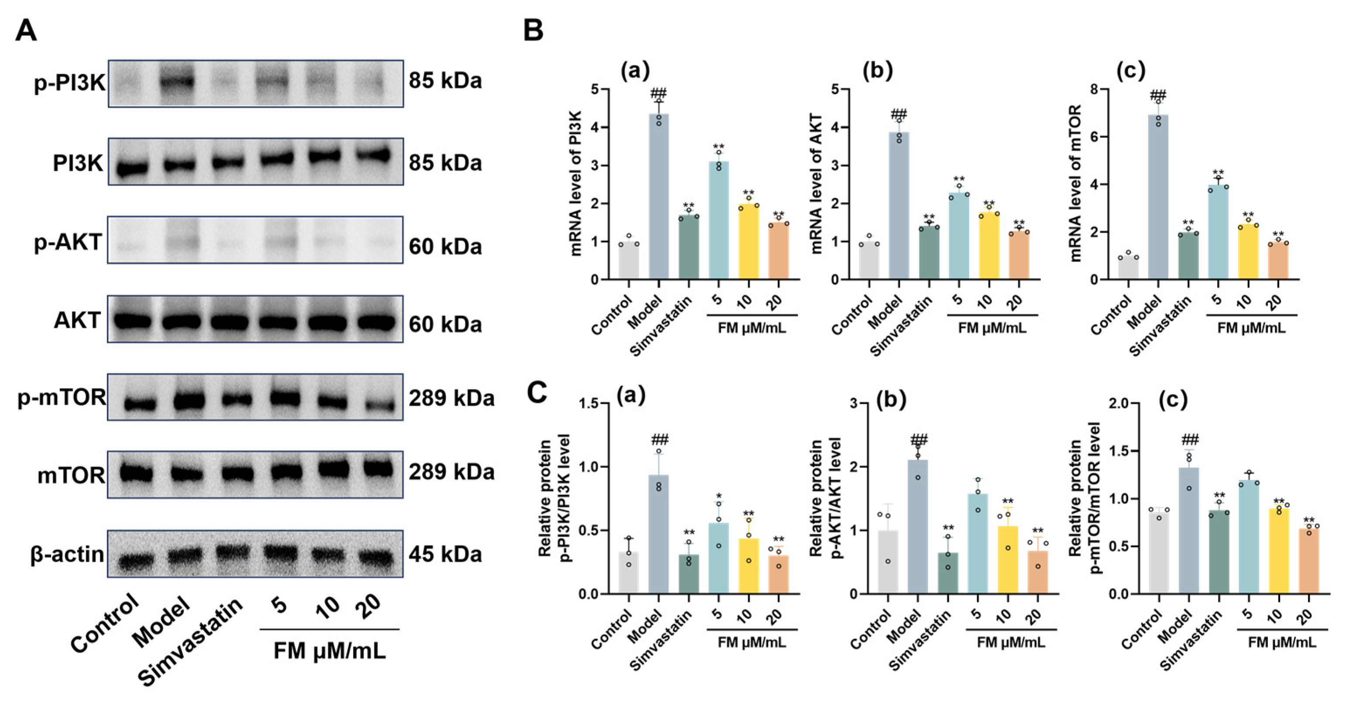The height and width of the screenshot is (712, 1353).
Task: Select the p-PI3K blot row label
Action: [x=69, y=83]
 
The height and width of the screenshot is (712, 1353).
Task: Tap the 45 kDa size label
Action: [x=445, y=554]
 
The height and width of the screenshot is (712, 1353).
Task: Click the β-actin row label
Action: [x=67, y=554]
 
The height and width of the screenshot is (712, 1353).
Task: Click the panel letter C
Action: [x=537, y=393]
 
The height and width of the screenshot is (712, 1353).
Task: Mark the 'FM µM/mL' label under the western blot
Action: [x=329, y=651]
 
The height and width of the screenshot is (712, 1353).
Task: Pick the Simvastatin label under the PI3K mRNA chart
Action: [x=661, y=326]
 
